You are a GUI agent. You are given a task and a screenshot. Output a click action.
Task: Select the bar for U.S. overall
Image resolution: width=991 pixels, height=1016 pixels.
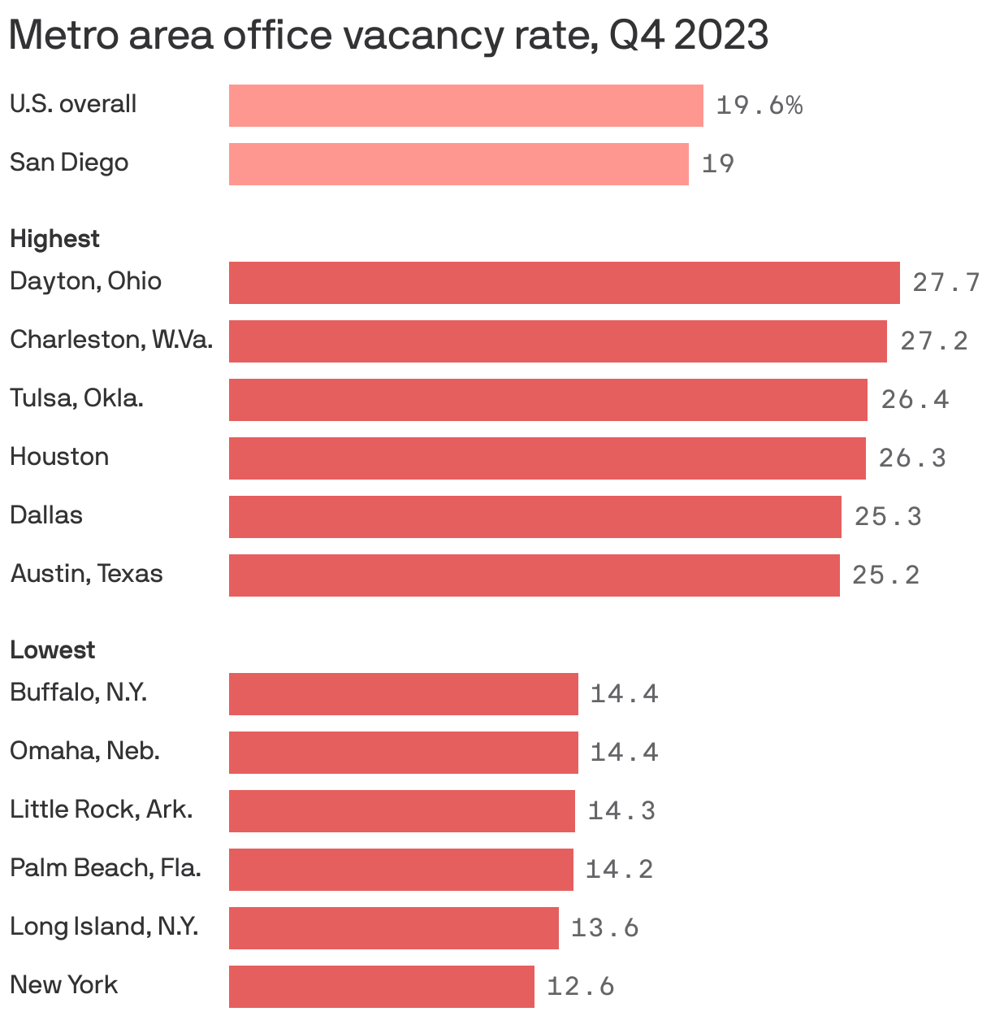point(465,106)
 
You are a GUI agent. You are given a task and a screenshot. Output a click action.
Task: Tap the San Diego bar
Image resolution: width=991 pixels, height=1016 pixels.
point(458,164)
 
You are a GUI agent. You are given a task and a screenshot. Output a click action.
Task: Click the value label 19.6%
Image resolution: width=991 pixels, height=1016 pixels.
point(759,106)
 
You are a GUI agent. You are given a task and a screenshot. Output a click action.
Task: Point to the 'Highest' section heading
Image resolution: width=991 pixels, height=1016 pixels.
point(54,239)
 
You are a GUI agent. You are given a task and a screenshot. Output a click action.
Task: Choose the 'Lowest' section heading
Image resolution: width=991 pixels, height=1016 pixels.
point(52,650)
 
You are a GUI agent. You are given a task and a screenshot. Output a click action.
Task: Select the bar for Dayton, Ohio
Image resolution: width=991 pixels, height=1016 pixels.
point(564,283)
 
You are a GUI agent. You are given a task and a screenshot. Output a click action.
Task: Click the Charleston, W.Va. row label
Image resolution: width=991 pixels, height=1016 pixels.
point(111,340)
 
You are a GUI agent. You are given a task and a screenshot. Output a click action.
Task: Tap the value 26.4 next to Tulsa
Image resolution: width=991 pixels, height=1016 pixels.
point(915,400)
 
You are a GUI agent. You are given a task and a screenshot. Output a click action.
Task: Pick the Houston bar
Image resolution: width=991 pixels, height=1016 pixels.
point(547,458)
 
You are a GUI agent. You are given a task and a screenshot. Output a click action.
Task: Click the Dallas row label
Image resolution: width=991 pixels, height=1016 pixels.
point(46,515)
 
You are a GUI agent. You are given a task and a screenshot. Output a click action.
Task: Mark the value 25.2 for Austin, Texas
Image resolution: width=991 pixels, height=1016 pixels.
point(885,575)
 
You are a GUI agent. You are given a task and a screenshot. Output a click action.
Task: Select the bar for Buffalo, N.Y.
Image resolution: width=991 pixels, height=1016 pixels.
point(403,694)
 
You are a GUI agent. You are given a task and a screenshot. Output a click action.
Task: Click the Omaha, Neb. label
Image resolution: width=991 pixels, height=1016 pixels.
point(84,751)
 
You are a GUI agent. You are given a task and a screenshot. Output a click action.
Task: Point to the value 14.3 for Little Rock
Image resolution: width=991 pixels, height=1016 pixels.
point(621,811)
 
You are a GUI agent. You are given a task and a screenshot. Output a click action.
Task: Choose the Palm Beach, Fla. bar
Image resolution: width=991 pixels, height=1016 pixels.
point(400,870)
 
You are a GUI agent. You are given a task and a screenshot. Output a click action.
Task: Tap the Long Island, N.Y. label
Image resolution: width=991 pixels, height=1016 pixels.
point(104,927)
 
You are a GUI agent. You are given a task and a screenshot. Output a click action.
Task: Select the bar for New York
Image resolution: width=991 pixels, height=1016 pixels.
point(381,987)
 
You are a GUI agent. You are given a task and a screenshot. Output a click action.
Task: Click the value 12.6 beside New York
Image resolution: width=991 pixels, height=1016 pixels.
point(580,987)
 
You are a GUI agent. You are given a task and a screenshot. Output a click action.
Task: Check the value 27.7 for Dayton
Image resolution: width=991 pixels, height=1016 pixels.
point(946,283)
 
